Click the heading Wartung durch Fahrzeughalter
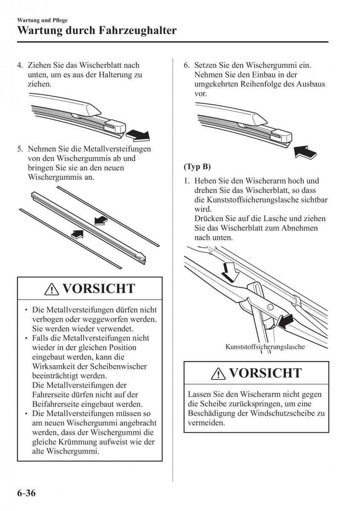click(97, 31)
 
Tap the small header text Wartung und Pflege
click(43, 20)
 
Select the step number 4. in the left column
click(20, 66)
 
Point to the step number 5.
click(20, 149)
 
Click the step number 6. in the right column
click(187, 66)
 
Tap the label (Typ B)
click(197, 166)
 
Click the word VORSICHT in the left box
click(98, 289)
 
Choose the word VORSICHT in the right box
click(265, 373)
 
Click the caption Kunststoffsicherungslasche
click(265, 347)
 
